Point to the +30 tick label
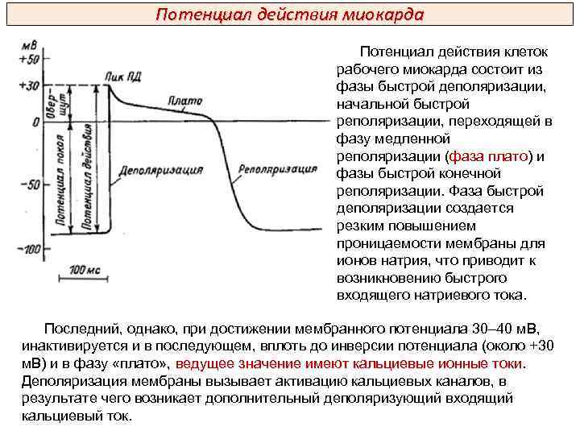pos(29,85)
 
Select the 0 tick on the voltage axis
pos(35,122)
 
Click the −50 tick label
pos(29,184)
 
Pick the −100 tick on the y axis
pos(29,249)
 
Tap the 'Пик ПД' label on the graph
pos(122,77)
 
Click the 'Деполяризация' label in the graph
pos(160,171)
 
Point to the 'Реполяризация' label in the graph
pos(278,170)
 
